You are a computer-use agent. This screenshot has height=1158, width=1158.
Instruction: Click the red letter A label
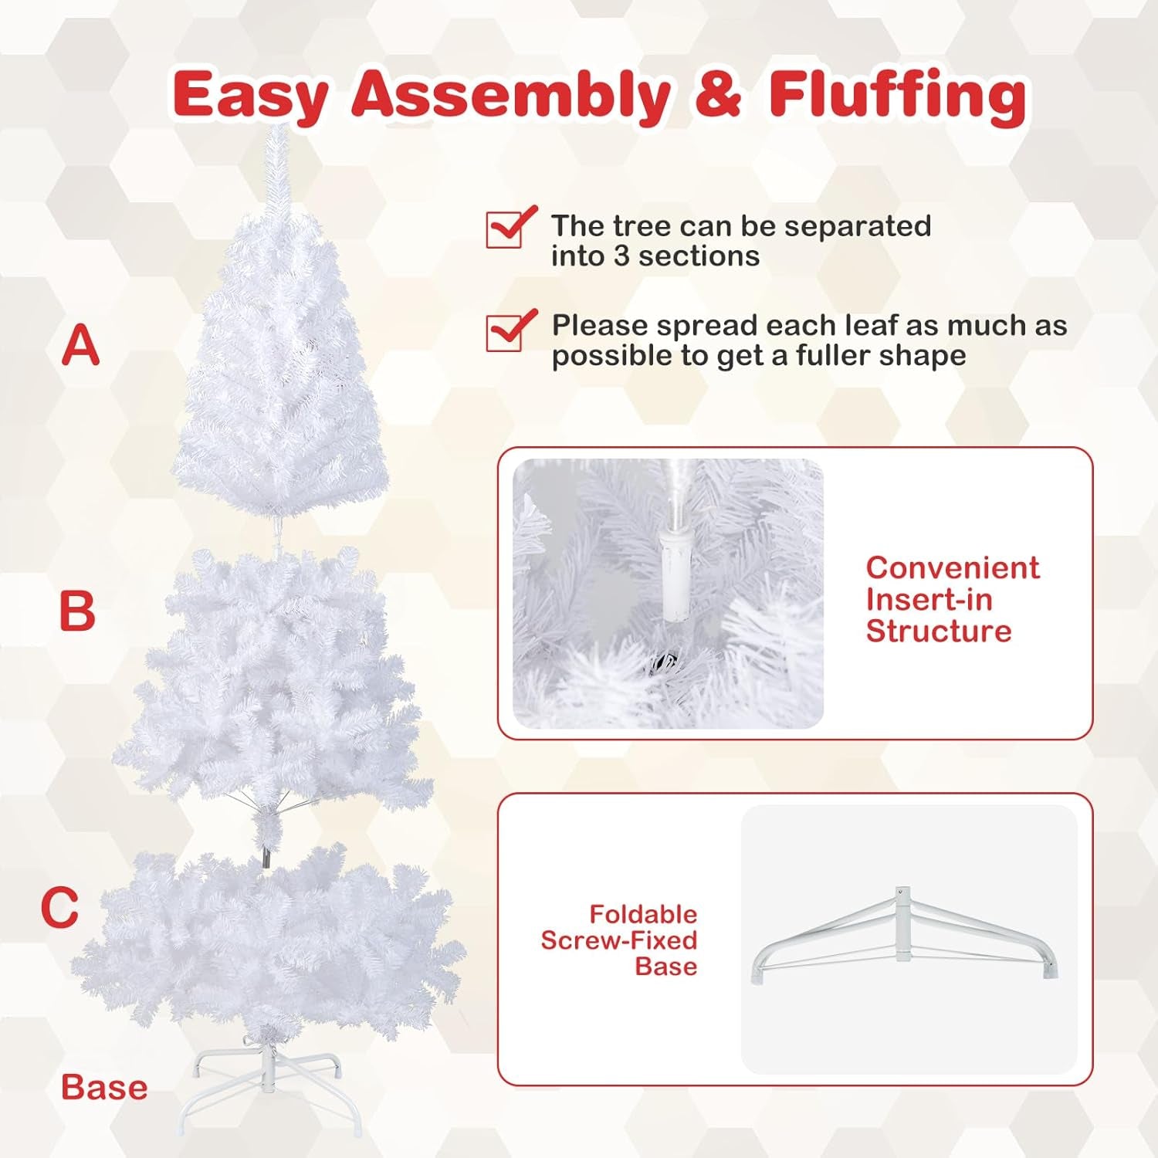click(81, 345)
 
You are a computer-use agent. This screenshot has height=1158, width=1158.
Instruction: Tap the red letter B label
click(77, 611)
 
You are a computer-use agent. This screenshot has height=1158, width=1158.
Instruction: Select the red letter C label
click(60, 907)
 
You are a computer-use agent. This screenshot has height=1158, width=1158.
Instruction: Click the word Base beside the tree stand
click(104, 1087)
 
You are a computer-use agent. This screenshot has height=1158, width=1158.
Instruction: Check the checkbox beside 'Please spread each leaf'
click(506, 331)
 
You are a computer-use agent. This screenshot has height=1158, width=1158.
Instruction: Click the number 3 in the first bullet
click(621, 256)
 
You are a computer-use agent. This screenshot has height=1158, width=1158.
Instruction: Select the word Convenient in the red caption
click(953, 567)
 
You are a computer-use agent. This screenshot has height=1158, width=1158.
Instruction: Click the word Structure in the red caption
click(939, 631)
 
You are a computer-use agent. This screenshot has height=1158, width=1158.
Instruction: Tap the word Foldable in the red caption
click(643, 914)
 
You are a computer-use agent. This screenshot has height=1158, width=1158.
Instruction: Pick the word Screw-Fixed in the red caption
click(619, 940)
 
